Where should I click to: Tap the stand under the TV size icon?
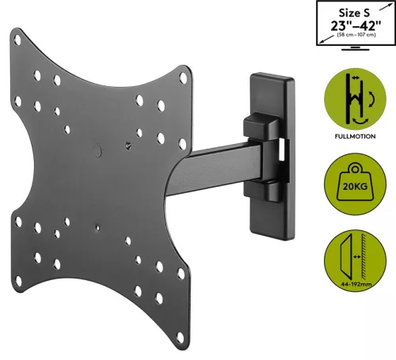(355, 49)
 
